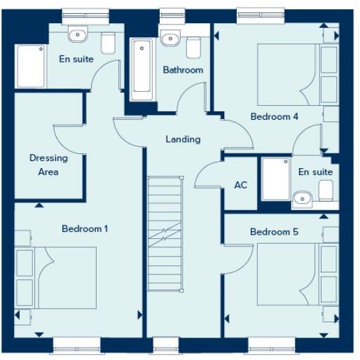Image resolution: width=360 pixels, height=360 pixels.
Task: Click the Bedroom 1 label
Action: (84, 228)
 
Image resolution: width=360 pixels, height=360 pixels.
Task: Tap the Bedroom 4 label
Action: (275, 116)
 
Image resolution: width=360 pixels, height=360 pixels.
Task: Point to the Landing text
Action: (183, 139)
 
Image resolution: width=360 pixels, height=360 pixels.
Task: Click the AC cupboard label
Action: (240, 186)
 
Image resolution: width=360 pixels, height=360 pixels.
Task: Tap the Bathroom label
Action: (183, 69)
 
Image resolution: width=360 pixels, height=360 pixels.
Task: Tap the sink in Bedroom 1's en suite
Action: (77, 35)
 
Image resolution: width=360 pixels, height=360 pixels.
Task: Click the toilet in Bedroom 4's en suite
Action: (326, 189)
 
